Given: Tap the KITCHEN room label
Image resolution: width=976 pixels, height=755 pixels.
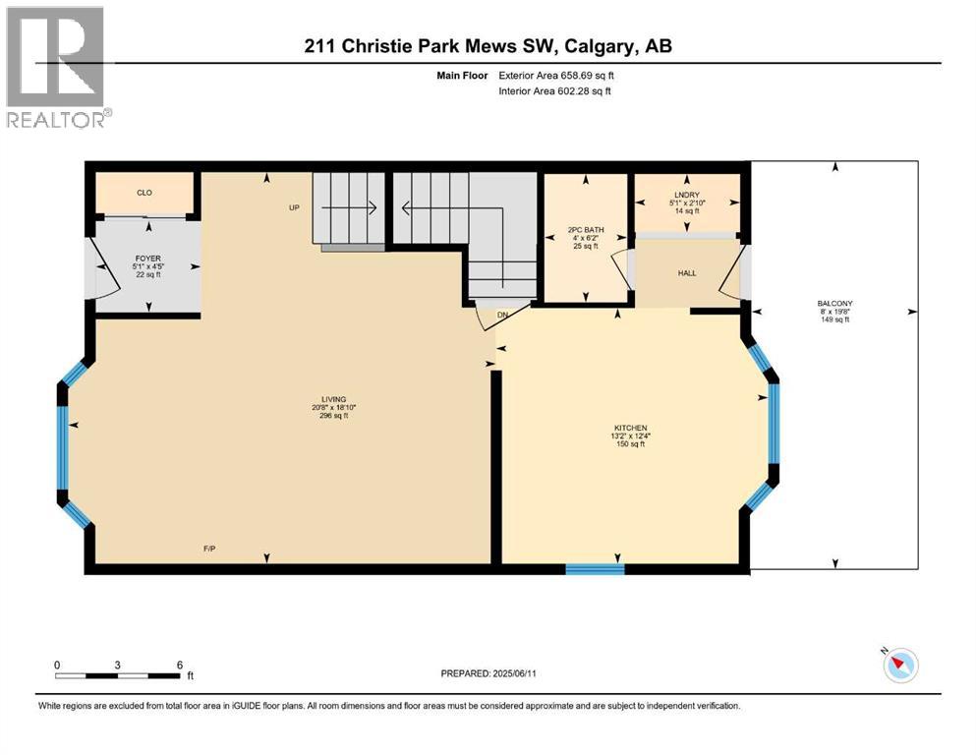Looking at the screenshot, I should coord(630,428).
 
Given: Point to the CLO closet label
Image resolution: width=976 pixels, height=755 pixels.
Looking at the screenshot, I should coord(144,193).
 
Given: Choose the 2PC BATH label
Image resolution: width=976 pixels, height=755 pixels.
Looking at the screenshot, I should coord(586,230).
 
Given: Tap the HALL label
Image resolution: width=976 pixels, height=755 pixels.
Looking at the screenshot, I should coord(686,272).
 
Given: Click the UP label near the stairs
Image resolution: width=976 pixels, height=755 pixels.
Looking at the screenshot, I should coord(293,207).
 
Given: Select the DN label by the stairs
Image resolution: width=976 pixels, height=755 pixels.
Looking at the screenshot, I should coord(501,315).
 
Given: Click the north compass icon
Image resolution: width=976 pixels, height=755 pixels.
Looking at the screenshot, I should coord(899,666).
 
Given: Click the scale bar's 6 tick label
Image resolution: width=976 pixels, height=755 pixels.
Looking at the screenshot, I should coord(179,665).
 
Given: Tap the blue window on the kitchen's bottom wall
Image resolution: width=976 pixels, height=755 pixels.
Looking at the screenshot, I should coord(595,568).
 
